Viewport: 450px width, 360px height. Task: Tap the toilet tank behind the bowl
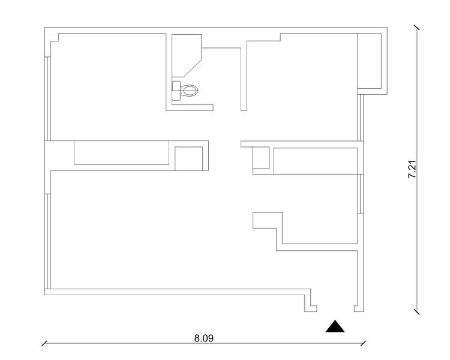click(175, 91)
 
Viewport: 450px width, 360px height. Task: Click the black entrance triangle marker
click(336, 326)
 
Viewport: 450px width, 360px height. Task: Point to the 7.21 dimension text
click(412, 169)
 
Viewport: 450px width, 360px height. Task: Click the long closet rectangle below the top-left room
click(121, 152)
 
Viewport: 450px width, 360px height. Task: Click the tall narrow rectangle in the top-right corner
click(370, 61)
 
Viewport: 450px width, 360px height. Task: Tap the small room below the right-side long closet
click(321, 210)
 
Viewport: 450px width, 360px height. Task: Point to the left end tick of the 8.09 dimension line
click(44, 344)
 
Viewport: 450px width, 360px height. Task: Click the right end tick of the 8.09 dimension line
click(364, 344)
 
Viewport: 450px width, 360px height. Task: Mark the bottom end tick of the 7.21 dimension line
click(417, 311)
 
